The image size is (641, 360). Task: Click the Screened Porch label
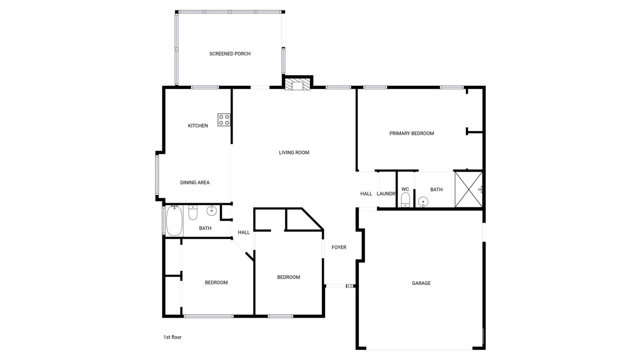click(230, 54)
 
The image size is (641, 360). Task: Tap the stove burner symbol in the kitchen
click(224, 120)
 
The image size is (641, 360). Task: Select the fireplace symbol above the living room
click(297, 85)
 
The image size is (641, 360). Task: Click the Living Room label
click(294, 152)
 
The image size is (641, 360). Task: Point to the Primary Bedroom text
click(411, 133)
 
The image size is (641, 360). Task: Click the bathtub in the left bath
click(174, 221)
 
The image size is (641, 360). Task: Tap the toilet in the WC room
click(405, 200)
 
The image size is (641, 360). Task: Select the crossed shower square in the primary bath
click(468, 190)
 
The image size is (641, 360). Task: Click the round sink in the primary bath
click(423, 202)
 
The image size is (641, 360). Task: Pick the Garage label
click(421, 283)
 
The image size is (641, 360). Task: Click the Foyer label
click(339, 247)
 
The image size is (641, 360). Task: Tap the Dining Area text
click(195, 183)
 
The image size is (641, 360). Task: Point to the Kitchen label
click(198, 126)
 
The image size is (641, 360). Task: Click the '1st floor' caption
click(172, 337)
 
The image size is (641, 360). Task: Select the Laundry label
click(386, 194)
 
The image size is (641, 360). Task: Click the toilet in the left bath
click(193, 213)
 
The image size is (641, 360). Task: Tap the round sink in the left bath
click(211, 211)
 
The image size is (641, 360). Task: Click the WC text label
click(405, 189)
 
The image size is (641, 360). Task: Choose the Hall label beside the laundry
click(366, 194)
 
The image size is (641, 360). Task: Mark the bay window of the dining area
click(157, 175)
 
